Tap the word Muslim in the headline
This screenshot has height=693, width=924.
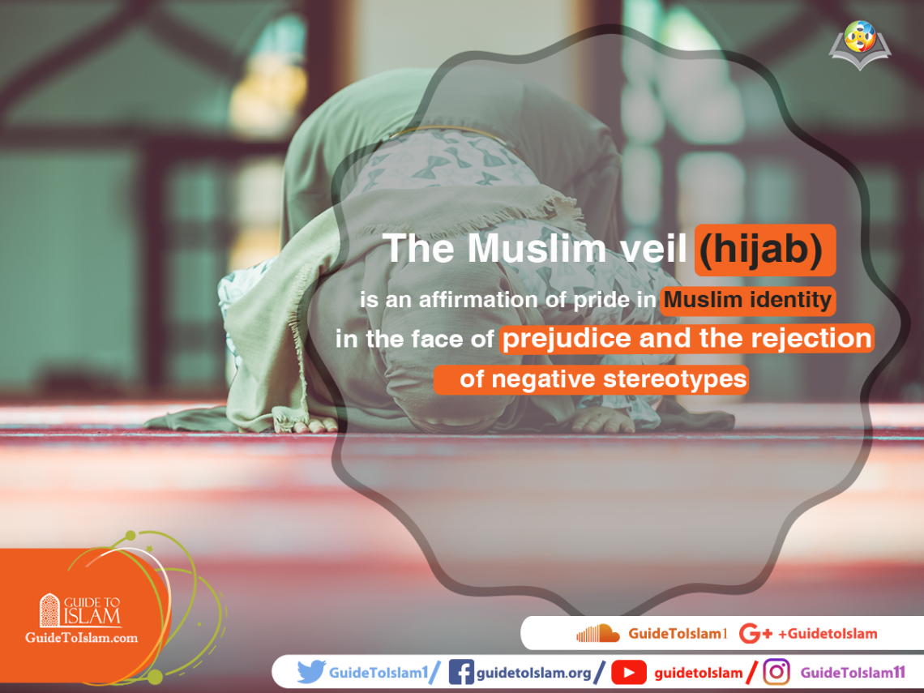coord(537,248)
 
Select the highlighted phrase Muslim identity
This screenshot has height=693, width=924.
coord(747,300)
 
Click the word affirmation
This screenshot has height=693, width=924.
coord(478,300)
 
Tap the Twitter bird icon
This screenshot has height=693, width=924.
coord(310,672)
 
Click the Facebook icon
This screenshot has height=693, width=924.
coord(461,672)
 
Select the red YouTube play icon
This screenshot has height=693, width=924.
coord(628,673)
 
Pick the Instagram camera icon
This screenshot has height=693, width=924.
coord(776,672)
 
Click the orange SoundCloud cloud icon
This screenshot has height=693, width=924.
coord(597,634)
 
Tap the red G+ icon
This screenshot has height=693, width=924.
coord(755,634)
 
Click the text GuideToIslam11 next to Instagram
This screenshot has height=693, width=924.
coord(853,673)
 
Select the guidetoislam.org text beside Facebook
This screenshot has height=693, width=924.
coord(533,673)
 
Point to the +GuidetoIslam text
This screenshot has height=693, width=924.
coord(828,634)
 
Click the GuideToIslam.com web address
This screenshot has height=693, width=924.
coord(81,638)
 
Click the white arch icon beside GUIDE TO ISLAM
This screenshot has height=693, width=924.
coord(50,610)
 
